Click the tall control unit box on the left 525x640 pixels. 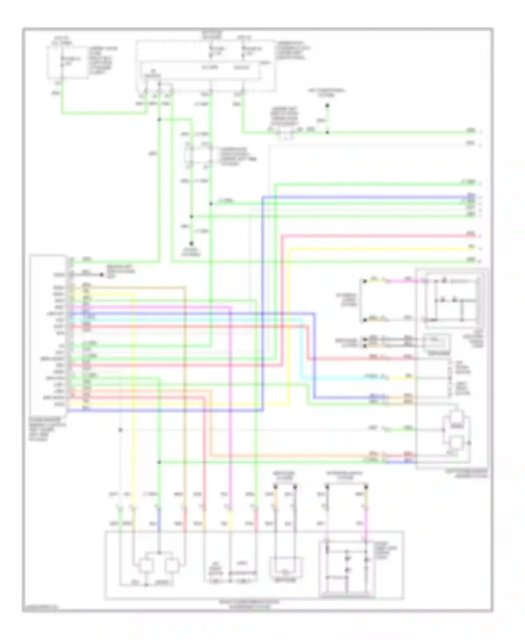(48, 334)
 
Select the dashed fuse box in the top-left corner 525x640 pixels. (68, 62)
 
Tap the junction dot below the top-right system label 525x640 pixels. (328, 105)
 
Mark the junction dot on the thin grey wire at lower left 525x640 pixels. (120, 430)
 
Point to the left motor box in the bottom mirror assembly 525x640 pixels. (145, 566)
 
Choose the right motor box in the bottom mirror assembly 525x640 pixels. (173, 566)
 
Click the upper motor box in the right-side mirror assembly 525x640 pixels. (457, 417)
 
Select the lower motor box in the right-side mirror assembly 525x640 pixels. (456, 443)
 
